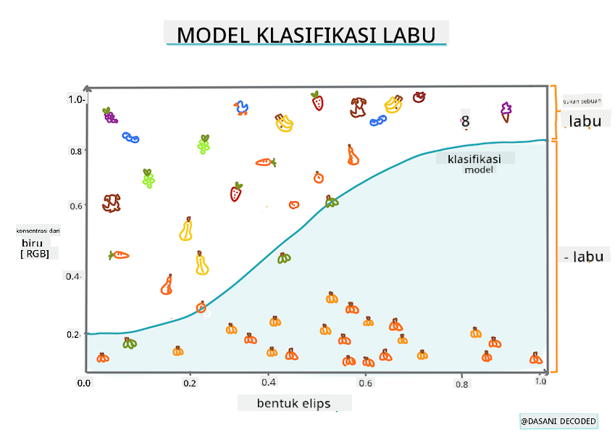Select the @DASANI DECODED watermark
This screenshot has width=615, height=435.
558,421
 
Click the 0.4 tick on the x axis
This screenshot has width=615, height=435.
268,382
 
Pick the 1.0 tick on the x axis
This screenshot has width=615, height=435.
540,381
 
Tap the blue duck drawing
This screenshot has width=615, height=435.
241,108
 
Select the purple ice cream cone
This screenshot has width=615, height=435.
506,111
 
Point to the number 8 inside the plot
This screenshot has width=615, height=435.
465,122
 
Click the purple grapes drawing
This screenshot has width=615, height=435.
109,115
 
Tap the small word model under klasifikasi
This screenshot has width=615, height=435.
478,170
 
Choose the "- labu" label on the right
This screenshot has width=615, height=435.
585,256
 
